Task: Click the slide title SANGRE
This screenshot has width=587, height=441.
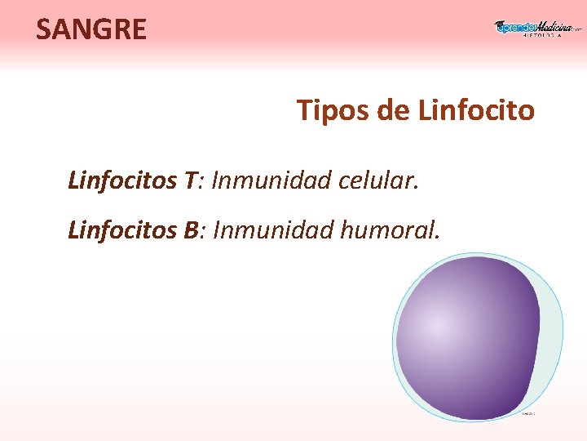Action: (x=91, y=29)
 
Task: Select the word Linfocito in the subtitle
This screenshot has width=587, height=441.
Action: (x=476, y=109)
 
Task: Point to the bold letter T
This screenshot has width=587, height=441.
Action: (x=191, y=180)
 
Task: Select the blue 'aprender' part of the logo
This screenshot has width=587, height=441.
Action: (x=514, y=27)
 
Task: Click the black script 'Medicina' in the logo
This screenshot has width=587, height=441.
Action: (x=554, y=26)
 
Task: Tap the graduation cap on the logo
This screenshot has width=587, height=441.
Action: (x=500, y=24)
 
